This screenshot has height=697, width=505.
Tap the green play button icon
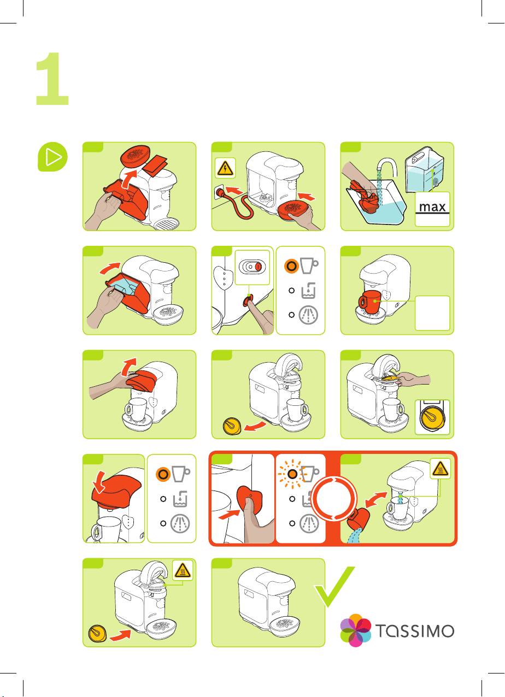52,157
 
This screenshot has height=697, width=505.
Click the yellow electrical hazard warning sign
225,168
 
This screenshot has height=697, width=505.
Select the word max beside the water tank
432,206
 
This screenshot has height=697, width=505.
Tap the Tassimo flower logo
355,630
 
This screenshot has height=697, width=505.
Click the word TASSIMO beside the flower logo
415,631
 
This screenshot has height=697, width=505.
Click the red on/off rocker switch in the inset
258,267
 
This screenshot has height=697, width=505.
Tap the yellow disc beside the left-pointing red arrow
232,426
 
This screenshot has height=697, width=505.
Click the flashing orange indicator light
292,474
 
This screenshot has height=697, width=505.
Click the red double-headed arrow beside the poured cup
376,500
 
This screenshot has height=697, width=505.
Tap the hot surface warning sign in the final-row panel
183,571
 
